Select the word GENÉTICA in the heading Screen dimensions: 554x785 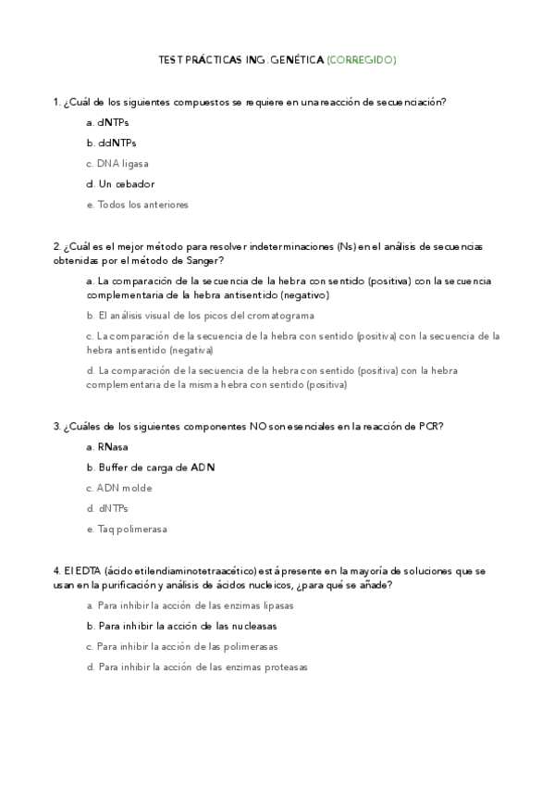coord(296,60)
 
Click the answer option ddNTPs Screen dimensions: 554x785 coord(116,143)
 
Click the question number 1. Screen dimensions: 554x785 coord(56,102)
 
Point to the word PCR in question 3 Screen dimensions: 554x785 coord(429,427)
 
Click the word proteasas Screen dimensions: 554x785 coord(285,667)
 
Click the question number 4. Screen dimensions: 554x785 coord(56,571)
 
